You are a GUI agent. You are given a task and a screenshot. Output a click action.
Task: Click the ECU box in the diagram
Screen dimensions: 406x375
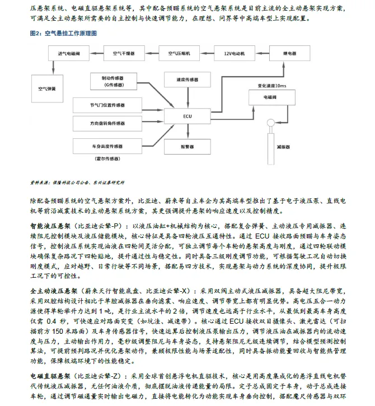tap(187, 116)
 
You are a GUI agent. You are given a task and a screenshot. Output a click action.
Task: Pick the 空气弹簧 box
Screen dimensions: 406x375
tap(48, 88)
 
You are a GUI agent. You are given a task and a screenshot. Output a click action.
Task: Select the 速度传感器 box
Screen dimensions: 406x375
tap(187, 80)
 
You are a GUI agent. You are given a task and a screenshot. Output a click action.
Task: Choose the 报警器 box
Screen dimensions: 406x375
tap(187, 147)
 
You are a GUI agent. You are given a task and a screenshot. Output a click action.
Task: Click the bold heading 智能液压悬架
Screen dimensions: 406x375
tap(50, 225)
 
